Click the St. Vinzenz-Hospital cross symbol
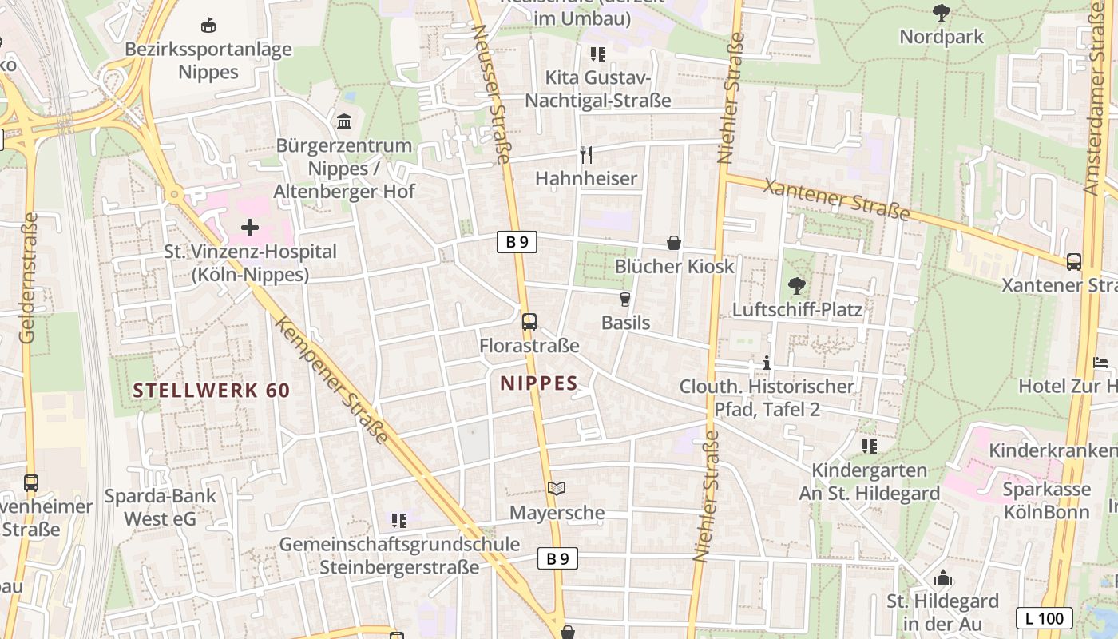[x=250, y=228]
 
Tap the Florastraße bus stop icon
[x=529, y=322]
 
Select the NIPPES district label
[x=539, y=383]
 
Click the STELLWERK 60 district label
[x=212, y=391]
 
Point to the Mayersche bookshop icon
[x=557, y=488]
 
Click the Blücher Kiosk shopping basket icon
[x=674, y=243]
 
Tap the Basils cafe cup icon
[x=625, y=300]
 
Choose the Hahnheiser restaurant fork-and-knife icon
[x=586, y=154]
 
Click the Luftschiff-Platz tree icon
[x=796, y=285]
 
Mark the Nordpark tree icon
[x=942, y=13]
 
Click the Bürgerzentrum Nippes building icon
[x=344, y=122]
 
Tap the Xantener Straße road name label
[x=837, y=200]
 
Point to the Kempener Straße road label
[x=331, y=380]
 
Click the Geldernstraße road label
[x=29, y=278]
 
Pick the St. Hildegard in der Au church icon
[x=942, y=577]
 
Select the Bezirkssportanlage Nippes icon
[x=208, y=26]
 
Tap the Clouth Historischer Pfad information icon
[x=767, y=363]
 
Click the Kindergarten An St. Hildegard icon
[x=870, y=446]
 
